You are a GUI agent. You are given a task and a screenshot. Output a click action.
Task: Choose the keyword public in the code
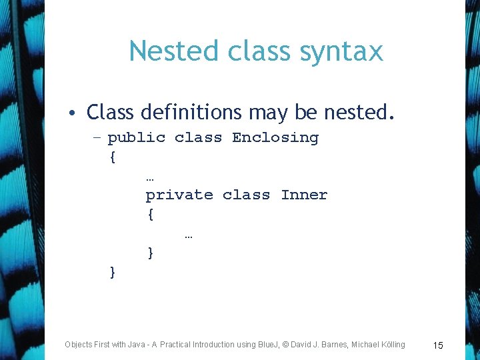136,138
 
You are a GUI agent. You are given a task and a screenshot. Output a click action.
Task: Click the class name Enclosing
275,138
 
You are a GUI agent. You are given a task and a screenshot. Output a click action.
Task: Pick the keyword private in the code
179,195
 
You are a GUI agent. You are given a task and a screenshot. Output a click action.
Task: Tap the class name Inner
304,195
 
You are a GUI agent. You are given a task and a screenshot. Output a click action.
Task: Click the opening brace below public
112,157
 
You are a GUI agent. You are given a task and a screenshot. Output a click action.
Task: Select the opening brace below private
151,215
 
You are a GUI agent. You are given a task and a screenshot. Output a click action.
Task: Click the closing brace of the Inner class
151,253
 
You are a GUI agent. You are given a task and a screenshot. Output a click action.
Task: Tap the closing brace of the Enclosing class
112,272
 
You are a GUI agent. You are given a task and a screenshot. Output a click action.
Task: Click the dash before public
97,138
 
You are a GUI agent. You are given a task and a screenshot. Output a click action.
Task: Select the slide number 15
438,345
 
